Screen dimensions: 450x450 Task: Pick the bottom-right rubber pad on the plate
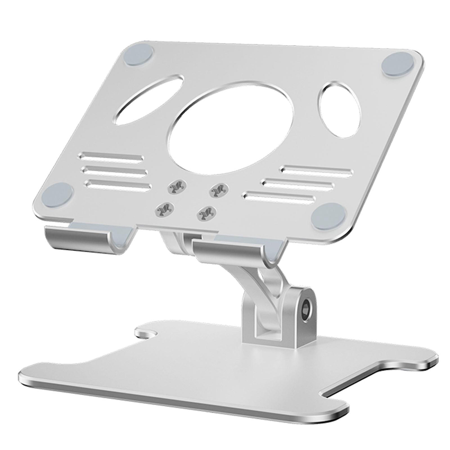tap(329, 216)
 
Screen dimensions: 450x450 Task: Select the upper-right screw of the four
tap(219, 190)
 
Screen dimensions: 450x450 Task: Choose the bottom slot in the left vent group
tap(118, 184)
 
